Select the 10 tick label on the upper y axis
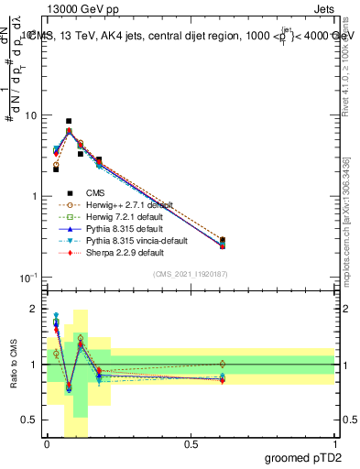click(x=29, y=115)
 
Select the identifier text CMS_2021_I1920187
click(x=190, y=274)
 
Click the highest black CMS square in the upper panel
click(x=69, y=121)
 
